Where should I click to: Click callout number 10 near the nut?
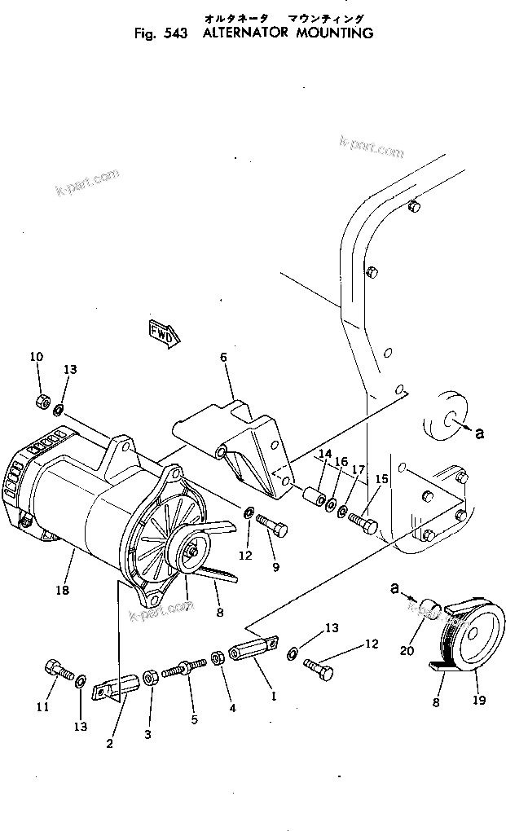coord(36,357)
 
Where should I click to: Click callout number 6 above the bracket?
coord(222,357)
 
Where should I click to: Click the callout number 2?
coord(110,742)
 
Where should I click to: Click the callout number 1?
coord(274,697)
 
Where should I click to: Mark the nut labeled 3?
coord(151,677)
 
